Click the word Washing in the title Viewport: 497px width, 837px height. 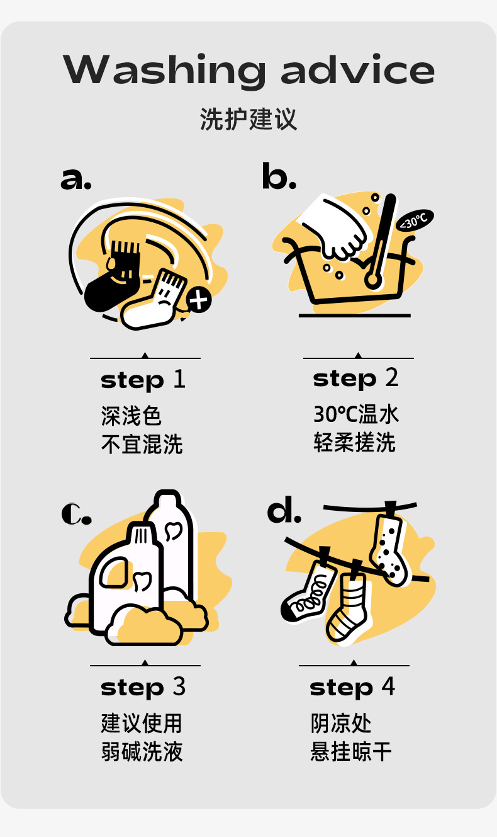tap(164, 71)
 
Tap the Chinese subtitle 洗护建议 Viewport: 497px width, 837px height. tap(248, 119)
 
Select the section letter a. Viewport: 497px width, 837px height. tap(75, 178)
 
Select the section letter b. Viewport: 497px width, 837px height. tap(279, 175)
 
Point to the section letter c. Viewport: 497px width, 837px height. tap(76, 513)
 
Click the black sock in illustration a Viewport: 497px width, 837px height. tap(112, 276)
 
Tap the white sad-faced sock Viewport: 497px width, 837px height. tap(153, 300)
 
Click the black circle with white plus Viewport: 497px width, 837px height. tap(199, 300)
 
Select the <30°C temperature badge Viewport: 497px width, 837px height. tap(415, 221)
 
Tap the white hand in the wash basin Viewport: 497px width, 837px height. tap(336, 229)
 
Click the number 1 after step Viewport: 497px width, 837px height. tap(179, 379)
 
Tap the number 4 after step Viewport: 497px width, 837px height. tap(388, 686)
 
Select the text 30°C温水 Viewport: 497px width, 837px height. tap(356, 414)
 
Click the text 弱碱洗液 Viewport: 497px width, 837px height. tap(142, 751)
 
